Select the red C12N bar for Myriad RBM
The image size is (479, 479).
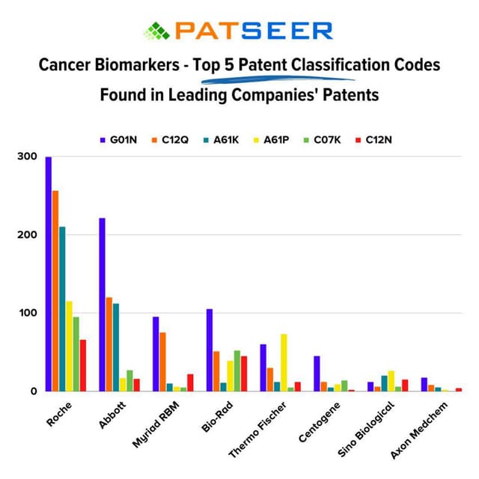point(190,382)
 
